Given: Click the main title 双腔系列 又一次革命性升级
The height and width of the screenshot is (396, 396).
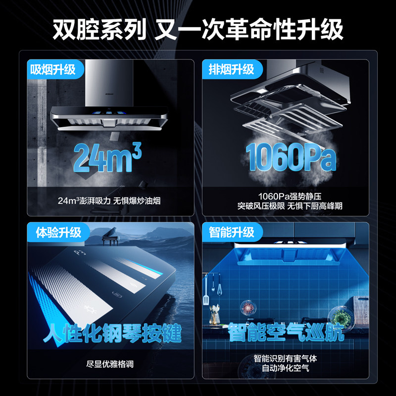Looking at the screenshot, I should [x=198, y=30].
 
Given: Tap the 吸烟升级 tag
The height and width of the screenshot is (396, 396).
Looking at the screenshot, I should [x=53, y=69].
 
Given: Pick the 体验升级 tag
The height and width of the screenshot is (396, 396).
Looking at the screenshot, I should [x=58, y=232].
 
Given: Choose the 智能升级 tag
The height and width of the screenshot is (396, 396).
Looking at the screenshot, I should [x=232, y=232].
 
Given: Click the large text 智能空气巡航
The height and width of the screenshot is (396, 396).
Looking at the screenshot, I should [x=286, y=332].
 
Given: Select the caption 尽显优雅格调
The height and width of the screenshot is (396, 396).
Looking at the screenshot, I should [x=109, y=365].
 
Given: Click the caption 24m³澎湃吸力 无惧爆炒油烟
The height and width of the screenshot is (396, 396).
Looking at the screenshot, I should [x=109, y=200].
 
